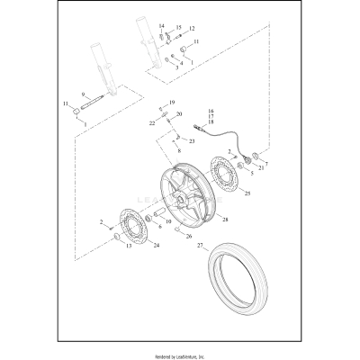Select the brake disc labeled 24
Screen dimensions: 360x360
click(x=128, y=229)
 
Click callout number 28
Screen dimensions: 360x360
click(x=225, y=220)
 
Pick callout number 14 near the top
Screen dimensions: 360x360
click(x=161, y=26)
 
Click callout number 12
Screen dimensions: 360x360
click(x=191, y=29)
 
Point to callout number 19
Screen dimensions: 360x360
click(x=172, y=103)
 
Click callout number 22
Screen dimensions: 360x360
click(x=151, y=122)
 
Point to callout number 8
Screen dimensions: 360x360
click(x=177, y=152)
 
